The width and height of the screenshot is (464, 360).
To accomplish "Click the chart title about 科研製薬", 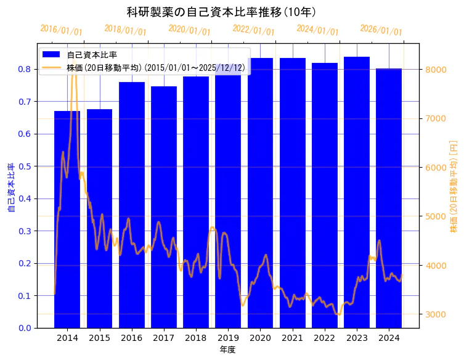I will point(221,12).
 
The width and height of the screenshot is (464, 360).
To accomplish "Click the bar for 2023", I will point(357,192).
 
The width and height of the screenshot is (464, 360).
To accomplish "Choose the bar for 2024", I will point(389,197).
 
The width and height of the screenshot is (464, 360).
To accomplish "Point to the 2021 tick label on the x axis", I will point(293,338).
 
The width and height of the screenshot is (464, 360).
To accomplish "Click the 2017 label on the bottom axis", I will point(164,338).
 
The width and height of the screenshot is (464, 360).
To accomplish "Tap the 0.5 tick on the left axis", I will point(25,166).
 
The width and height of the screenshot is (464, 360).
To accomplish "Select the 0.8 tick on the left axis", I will point(25,69).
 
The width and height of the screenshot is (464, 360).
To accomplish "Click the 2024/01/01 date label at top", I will point(317,30).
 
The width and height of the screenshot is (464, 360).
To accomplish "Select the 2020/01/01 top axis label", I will point(189,30).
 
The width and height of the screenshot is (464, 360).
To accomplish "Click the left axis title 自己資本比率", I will point(11,188).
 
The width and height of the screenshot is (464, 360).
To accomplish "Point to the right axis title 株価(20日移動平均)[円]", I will point(454,186).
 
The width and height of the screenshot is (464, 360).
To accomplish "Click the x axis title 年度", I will point(228,350).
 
